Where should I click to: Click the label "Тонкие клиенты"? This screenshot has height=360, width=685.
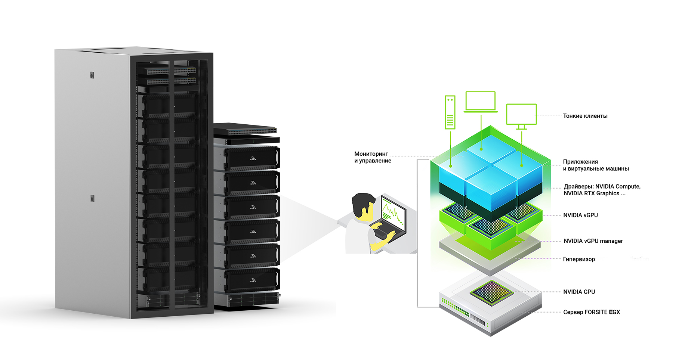point(585,116)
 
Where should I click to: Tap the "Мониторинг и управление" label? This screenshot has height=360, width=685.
point(373,157)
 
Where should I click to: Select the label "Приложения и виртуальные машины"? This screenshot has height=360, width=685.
point(596,165)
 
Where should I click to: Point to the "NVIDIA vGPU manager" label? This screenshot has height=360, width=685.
point(593,241)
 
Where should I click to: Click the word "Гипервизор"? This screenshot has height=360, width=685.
point(579,259)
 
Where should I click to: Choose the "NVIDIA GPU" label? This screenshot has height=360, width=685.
point(579,292)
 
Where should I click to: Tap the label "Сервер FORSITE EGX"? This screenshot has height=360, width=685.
point(591,312)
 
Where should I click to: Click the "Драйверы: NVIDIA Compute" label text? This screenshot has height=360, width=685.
point(602,187)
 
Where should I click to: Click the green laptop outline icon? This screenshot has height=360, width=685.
point(481,102)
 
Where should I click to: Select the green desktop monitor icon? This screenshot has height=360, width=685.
point(521,115)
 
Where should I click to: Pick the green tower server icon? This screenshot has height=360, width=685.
point(450,112)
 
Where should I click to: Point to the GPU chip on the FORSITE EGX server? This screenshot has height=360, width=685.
point(491,292)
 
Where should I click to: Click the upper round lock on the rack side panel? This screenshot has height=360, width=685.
point(92,75)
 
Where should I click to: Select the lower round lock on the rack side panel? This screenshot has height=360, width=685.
point(92,198)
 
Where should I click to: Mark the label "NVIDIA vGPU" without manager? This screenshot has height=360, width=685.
point(580,215)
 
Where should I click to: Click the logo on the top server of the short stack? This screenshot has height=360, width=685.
point(253,159)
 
